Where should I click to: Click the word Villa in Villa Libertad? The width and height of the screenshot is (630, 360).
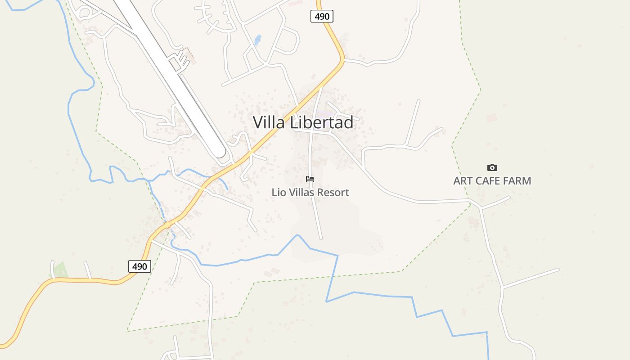(x=269, y=122)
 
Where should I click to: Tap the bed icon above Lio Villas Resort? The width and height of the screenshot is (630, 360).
(x=310, y=179)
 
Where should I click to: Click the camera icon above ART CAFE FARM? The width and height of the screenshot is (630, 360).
(x=492, y=167)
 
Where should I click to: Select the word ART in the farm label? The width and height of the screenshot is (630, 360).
(x=463, y=181)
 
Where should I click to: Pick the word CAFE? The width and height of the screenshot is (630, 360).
(x=491, y=181)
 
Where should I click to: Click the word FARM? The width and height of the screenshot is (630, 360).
(x=519, y=181)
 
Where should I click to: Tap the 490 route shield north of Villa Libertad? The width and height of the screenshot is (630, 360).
(x=322, y=17)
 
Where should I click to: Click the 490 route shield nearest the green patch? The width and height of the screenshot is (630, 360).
(x=139, y=266)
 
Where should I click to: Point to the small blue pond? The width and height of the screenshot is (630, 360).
(x=257, y=40)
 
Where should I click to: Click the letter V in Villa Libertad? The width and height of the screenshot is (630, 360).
(x=258, y=122)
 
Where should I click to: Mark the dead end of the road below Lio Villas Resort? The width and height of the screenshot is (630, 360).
(x=321, y=238)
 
